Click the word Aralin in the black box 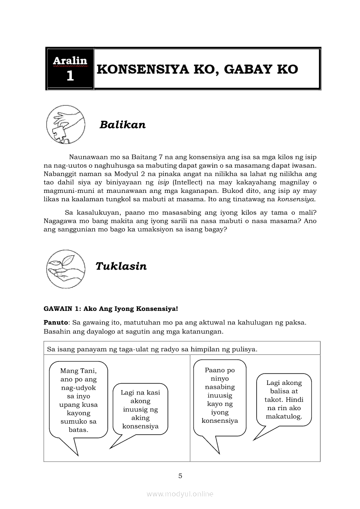[70, 61]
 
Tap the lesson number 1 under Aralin [70, 77]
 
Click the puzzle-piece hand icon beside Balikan [65, 125]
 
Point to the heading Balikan [122, 125]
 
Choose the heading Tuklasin [121, 266]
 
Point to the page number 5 [180, 476]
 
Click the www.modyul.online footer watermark [180, 494]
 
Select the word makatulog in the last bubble [284, 417]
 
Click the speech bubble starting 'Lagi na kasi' [140, 409]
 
